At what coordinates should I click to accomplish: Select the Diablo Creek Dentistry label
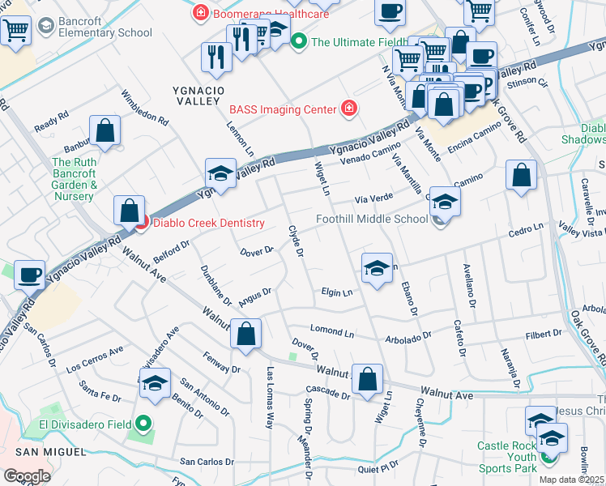tap(209, 224)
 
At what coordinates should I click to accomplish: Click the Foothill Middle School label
tap(371, 219)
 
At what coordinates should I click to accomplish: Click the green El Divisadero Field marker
tap(143, 424)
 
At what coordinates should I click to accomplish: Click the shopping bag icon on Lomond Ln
tap(246, 333)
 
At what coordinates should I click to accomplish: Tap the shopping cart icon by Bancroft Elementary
tap(15, 32)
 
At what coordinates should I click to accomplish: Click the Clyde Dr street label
tap(296, 241)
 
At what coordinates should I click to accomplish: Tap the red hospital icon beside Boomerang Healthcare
tap(198, 13)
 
